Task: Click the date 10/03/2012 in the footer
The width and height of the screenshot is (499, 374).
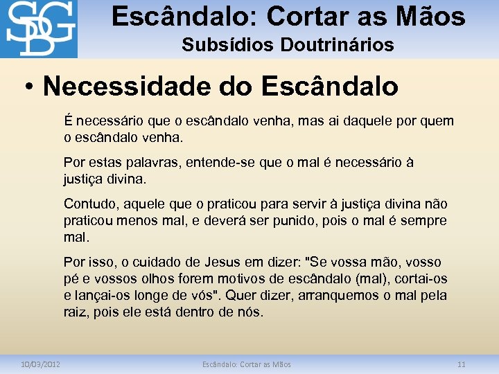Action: click(x=40, y=364)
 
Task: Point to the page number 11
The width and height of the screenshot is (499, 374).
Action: click(x=461, y=364)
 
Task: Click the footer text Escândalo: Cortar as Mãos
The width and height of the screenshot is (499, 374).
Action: click(x=247, y=364)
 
